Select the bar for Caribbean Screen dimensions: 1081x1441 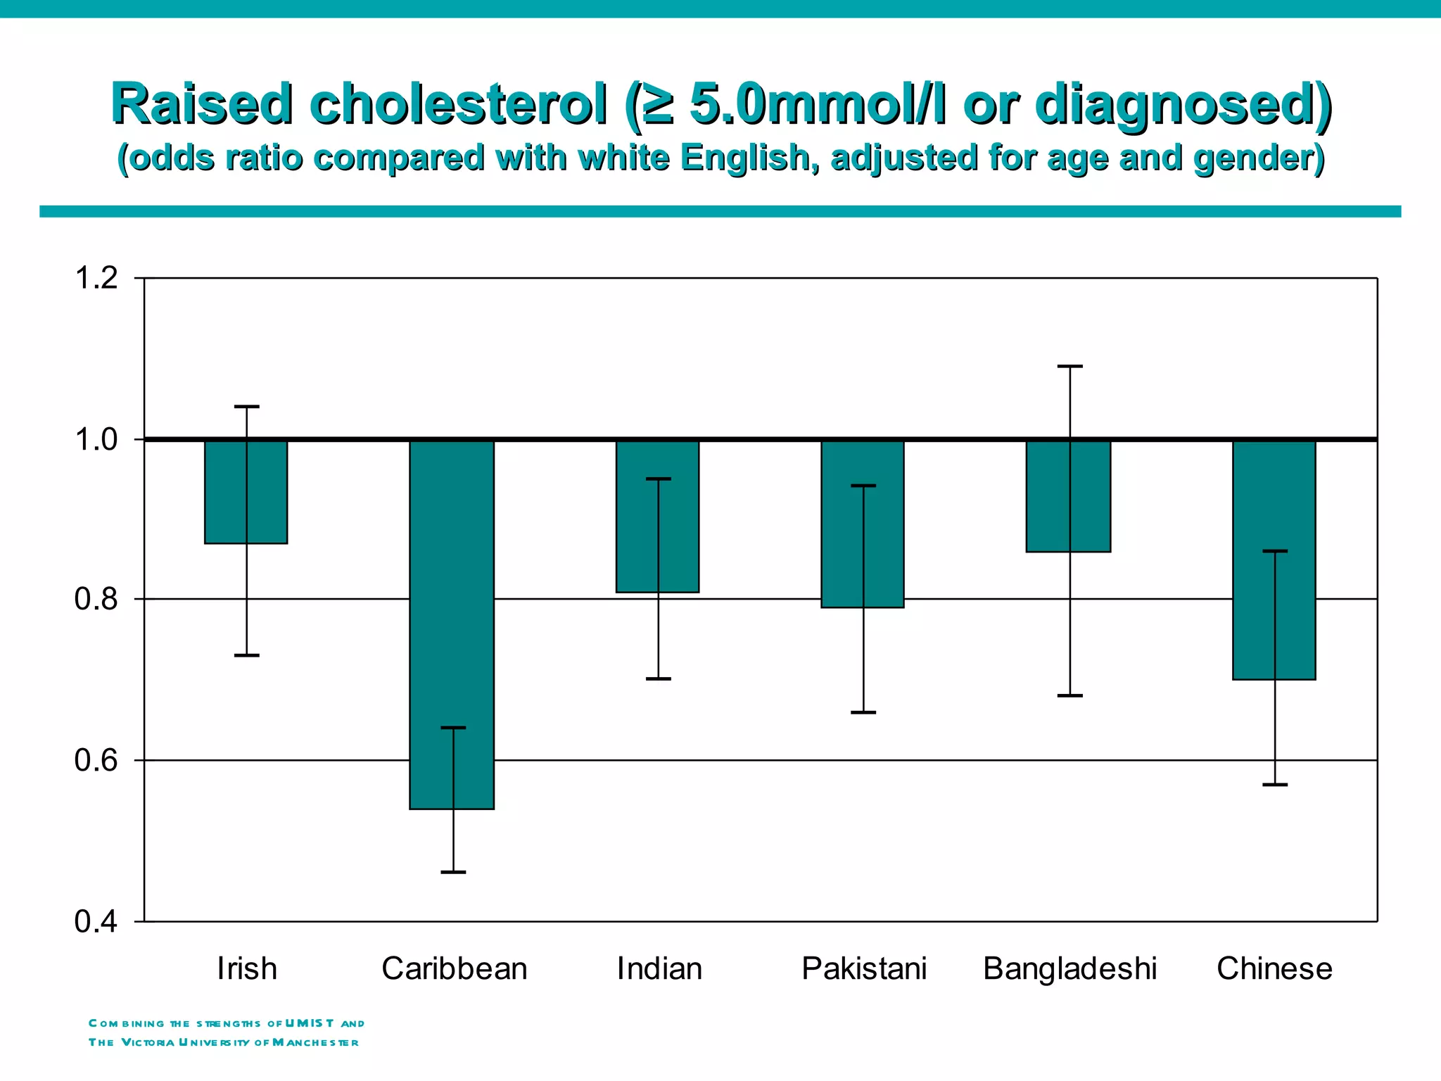click(452, 624)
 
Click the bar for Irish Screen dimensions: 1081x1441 click(246, 491)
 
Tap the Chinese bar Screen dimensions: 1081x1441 click(1274, 560)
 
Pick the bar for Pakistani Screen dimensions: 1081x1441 click(863, 524)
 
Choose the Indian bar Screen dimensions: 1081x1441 click(657, 516)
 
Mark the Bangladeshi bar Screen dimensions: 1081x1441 click(1068, 496)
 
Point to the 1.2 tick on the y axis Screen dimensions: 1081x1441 click(96, 279)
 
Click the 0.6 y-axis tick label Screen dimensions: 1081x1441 click(96, 761)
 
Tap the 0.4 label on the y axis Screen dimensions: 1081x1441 click(96, 922)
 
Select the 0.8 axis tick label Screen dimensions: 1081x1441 click(96, 600)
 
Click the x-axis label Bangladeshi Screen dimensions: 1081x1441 click(1069, 969)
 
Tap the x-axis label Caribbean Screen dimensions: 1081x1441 click(454, 969)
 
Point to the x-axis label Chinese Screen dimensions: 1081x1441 click(1274, 969)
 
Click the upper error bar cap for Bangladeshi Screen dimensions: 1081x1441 click(1070, 367)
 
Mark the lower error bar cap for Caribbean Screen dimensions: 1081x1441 click(453, 872)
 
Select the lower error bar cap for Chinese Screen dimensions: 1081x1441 click(1275, 784)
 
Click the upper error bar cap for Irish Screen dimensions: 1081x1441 click(247, 407)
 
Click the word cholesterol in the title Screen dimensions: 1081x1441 click(458, 104)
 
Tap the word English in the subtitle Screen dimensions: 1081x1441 click(749, 158)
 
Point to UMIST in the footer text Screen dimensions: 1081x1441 click(310, 1023)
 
